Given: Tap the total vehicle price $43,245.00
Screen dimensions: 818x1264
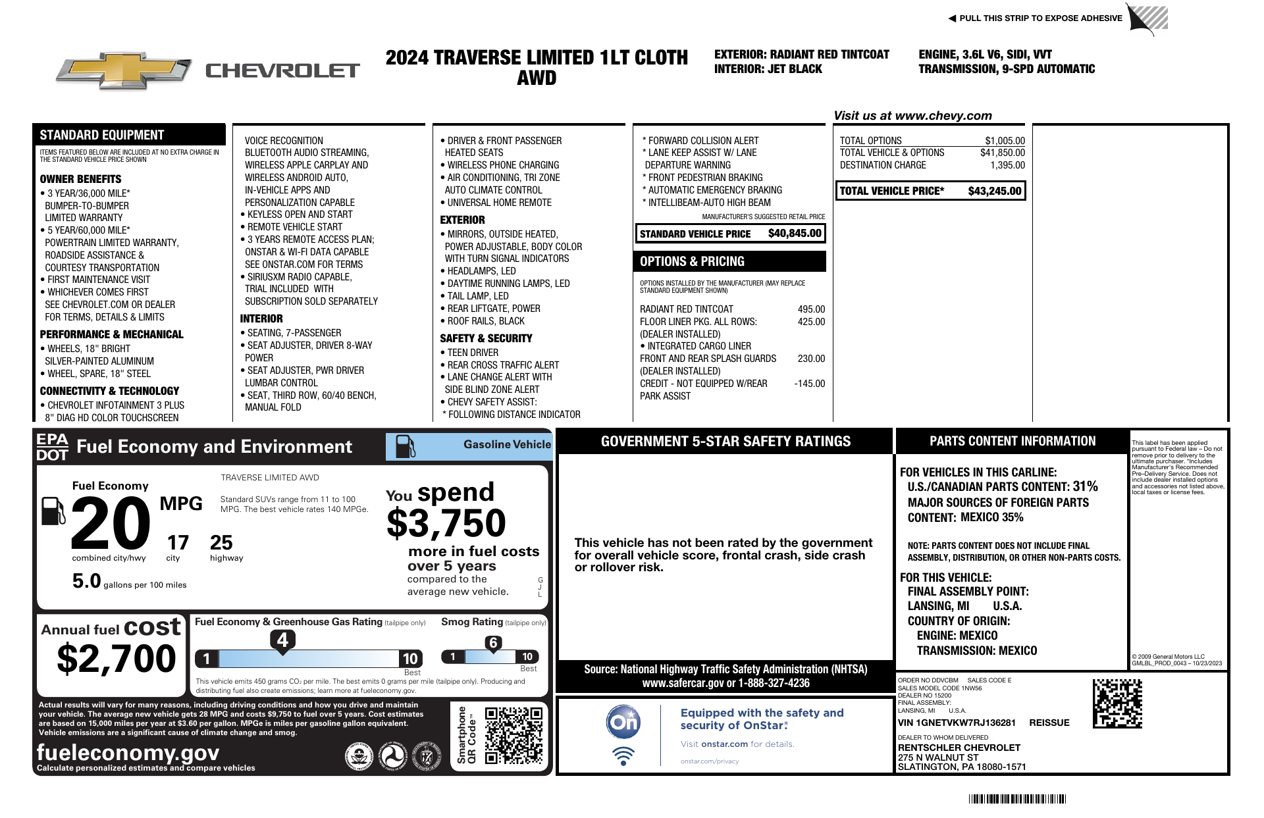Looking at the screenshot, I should (x=994, y=191).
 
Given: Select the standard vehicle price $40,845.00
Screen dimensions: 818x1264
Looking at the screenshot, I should (x=795, y=234).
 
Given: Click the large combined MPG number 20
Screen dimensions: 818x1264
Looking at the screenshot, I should (x=111, y=524).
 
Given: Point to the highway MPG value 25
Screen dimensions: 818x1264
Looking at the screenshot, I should (x=221, y=543).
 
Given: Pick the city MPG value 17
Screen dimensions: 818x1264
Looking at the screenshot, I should (x=178, y=543).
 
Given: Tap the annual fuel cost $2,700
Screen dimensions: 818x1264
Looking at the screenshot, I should (x=117, y=659).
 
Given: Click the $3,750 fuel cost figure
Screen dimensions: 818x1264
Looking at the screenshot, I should (x=446, y=524).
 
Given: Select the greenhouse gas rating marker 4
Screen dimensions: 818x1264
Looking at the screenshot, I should (x=282, y=640).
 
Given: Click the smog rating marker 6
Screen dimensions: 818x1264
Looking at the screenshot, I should (x=493, y=643).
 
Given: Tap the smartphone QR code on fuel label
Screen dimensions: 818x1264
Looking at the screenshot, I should (x=513, y=735).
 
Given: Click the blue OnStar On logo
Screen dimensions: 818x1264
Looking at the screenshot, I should (x=623, y=723).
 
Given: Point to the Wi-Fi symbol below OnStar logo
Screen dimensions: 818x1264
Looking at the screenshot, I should (x=623, y=755).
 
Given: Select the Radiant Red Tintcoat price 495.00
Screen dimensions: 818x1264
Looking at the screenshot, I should (x=811, y=309).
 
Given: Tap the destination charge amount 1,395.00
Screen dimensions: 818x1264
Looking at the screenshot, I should (x=1009, y=165).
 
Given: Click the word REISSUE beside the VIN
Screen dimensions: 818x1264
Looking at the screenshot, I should (x=1049, y=723).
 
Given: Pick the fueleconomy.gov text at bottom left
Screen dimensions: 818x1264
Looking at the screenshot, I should (x=128, y=752).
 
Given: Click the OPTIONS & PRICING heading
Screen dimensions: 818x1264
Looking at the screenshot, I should (x=692, y=261).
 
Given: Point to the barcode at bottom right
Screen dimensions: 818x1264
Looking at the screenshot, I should (x=1016, y=799).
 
